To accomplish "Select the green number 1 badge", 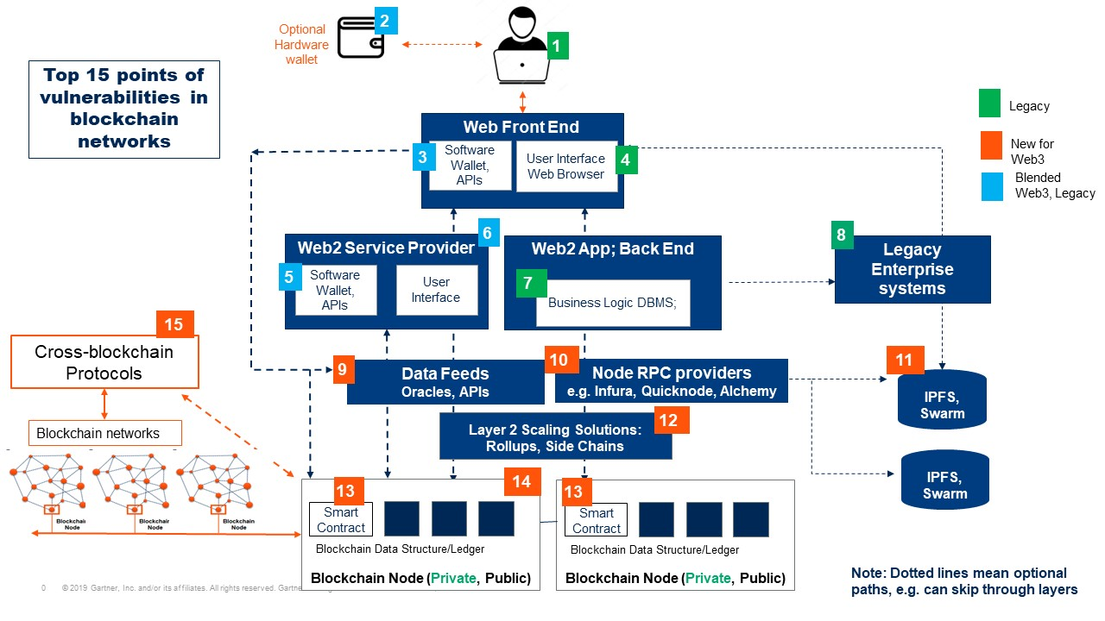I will point(558,46).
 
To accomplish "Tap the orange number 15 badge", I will point(174,324).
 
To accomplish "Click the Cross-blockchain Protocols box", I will point(104,362).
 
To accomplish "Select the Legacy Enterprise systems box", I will point(912,269).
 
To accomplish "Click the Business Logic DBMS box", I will point(613,303).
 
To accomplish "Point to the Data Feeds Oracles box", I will point(445,382).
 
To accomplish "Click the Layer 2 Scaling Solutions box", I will point(555,437).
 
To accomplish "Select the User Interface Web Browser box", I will point(566,166).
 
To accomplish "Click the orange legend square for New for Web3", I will point(990,143).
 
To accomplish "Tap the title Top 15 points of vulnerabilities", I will point(124,109).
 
